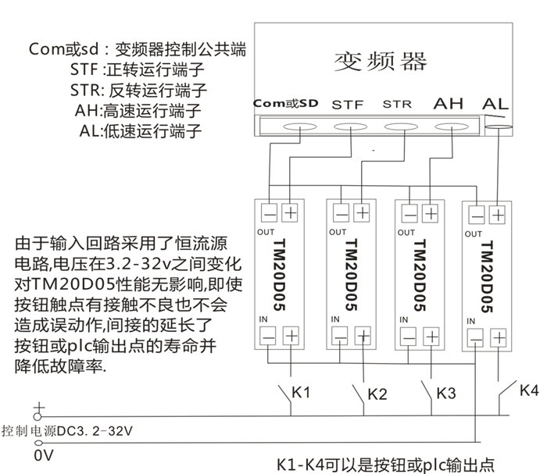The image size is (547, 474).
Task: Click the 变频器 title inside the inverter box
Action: point(381,62)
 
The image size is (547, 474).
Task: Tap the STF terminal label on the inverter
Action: point(348,105)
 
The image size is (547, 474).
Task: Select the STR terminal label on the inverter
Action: point(397,104)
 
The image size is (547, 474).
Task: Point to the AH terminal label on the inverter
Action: point(449,104)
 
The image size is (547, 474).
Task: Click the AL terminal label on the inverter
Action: point(495,104)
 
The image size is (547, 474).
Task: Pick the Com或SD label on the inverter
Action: point(286,104)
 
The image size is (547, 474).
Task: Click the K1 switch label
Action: point(301,393)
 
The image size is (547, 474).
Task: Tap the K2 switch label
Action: point(377,394)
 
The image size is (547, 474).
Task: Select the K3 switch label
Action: point(446,393)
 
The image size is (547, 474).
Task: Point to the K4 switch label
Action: point(529,390)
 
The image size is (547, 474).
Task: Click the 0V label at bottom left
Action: point(44,455)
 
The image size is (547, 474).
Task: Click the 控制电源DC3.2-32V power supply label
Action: point(67,431)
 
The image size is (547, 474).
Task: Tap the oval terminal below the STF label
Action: point(350,127)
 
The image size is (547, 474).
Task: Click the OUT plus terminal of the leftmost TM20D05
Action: point(290,212)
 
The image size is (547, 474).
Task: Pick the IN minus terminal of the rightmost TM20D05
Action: point(475,338)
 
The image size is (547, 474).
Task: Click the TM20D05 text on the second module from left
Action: point(352,275)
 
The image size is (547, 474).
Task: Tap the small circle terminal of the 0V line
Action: point(38,443)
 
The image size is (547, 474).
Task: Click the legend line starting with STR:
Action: point(138,91)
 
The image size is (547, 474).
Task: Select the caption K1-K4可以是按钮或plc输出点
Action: point(385,465)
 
